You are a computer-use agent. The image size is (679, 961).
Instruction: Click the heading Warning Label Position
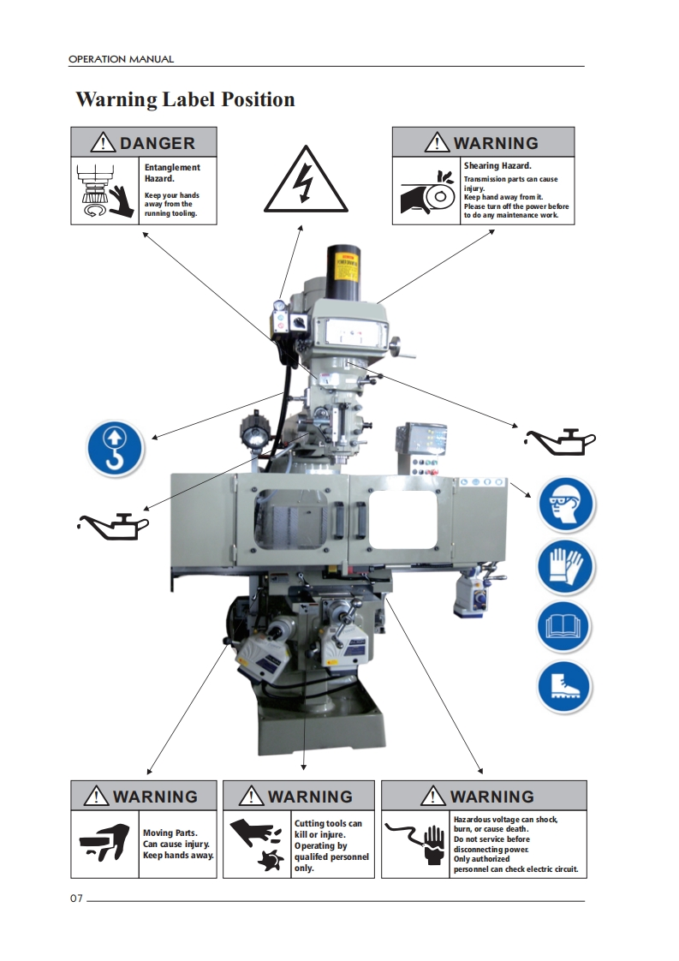[185, 99]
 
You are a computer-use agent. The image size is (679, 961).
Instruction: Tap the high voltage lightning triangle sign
[304, 179]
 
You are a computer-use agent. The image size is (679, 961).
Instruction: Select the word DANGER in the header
[158, 143]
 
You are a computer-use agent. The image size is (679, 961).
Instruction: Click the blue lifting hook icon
[114, 448]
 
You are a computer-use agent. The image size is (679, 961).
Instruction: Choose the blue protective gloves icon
[566, 567]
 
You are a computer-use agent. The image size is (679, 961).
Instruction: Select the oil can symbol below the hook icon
[114, 524]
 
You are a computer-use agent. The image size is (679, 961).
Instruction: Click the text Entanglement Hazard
[172, 172]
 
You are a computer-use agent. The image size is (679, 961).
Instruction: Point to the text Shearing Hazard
[497, 165]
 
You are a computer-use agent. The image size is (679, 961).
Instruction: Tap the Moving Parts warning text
[178, 844]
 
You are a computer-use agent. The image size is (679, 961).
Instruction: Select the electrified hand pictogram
[415, 842]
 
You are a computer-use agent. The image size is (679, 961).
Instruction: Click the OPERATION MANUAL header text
[121, 59]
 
